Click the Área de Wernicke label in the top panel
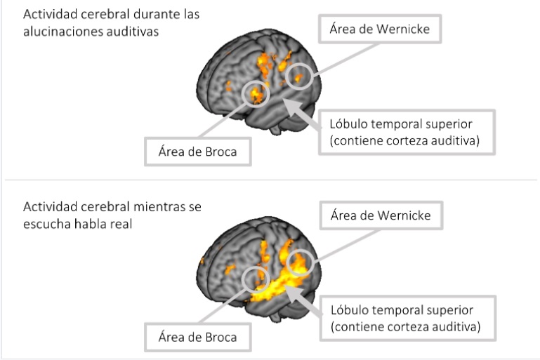(x=379, y=29)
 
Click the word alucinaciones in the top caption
(x=56, y=32)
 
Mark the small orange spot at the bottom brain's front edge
(x=203, y=261)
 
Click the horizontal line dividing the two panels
(x=270, y=180)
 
